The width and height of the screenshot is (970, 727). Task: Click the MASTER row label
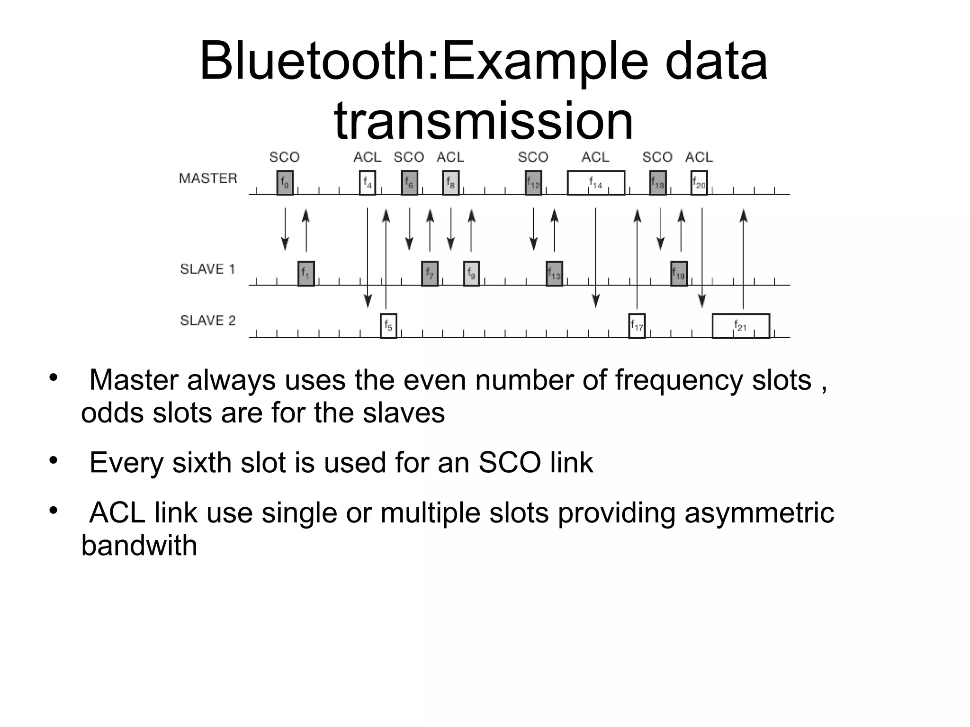pyautogui.click(x=208, y=178)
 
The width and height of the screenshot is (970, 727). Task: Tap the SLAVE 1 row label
pyautogui.click(x=207, y=269)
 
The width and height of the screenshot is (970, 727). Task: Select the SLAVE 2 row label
pyautogui.click(x=207, y=321)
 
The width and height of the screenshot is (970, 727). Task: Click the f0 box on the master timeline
pyautogui.click(x=285, y=182)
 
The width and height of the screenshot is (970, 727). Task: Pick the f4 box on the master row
pyautogui.click(x=368, y=182)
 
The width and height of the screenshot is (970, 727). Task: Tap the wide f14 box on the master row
pyautogui.click(x=596, y=183)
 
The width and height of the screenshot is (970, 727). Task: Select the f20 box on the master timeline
pyautogui.click(x=699, y=182)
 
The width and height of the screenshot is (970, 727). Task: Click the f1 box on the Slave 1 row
pyautogui.click(x=306, y=273)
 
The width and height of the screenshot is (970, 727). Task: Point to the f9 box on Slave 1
pyautogui.click(x=471, y=273)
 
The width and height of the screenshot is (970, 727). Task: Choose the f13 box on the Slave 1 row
pyautogui.click(x=554, y=273)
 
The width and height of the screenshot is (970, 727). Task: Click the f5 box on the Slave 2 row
pyautogui.click(x=388, y=326)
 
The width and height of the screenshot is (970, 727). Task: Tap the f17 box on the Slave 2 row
pyautogui.click(x=637, y=326)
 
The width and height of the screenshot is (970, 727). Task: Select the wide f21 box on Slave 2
pyautogui.click(x=741, y=326)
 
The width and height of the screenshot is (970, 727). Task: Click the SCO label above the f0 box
pyautogui.click(x=285, y=157)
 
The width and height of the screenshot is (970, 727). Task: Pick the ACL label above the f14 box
pyautogui.click(x=595, y=157)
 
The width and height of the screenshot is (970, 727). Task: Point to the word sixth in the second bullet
pyautogui.click(x=201, y=462)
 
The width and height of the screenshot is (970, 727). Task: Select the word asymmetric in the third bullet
pyautogui.click(x=759, y=512)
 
